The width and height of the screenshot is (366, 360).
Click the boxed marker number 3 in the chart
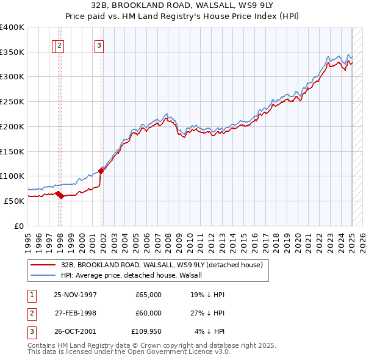click(99, 45)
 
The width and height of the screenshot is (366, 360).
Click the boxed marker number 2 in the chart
click(59, 45)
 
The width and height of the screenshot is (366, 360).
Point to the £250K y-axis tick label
click(12, 102)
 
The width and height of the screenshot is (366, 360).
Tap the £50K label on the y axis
click(14, 201)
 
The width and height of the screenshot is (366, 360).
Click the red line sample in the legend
click(43, 265)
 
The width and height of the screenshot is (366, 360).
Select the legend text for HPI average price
click(135, 275)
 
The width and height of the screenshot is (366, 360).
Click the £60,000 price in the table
click(148, 313)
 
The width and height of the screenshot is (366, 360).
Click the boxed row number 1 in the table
click(30, 295)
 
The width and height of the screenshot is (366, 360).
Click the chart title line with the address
click(183, 7)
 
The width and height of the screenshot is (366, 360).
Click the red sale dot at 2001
click(101, 171)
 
